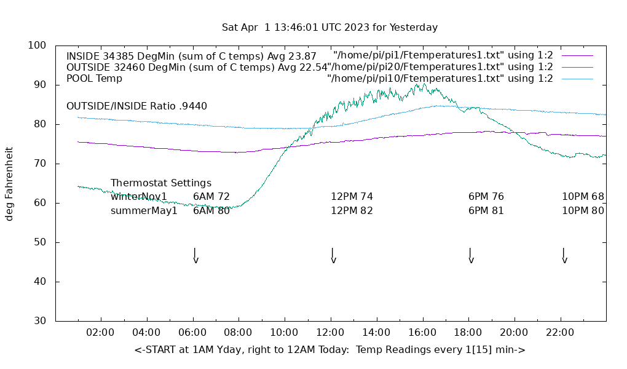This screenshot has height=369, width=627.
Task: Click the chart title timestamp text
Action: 329,28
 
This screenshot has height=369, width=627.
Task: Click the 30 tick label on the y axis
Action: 40,321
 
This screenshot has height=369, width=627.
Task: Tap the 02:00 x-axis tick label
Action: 100,333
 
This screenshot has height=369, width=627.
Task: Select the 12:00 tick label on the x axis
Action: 330,333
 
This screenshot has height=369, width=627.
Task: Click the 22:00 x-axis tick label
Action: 560,333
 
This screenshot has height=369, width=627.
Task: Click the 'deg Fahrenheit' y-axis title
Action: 9,183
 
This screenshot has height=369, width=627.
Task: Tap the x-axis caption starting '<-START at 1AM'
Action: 329,350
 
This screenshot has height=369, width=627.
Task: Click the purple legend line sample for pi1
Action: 577,55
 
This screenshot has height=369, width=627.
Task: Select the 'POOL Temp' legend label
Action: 94,79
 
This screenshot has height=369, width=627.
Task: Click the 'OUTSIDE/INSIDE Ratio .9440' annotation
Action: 136,106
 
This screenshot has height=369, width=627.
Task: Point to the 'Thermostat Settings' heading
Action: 161,183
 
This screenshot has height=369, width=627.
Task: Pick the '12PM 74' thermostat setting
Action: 352,197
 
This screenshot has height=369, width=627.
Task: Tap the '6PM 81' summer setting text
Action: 486,211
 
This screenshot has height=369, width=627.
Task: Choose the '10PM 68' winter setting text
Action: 583,197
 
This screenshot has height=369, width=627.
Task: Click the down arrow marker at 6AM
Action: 195,256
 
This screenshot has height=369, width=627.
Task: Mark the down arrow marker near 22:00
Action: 564,256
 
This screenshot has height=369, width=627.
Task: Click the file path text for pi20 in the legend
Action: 440,67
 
